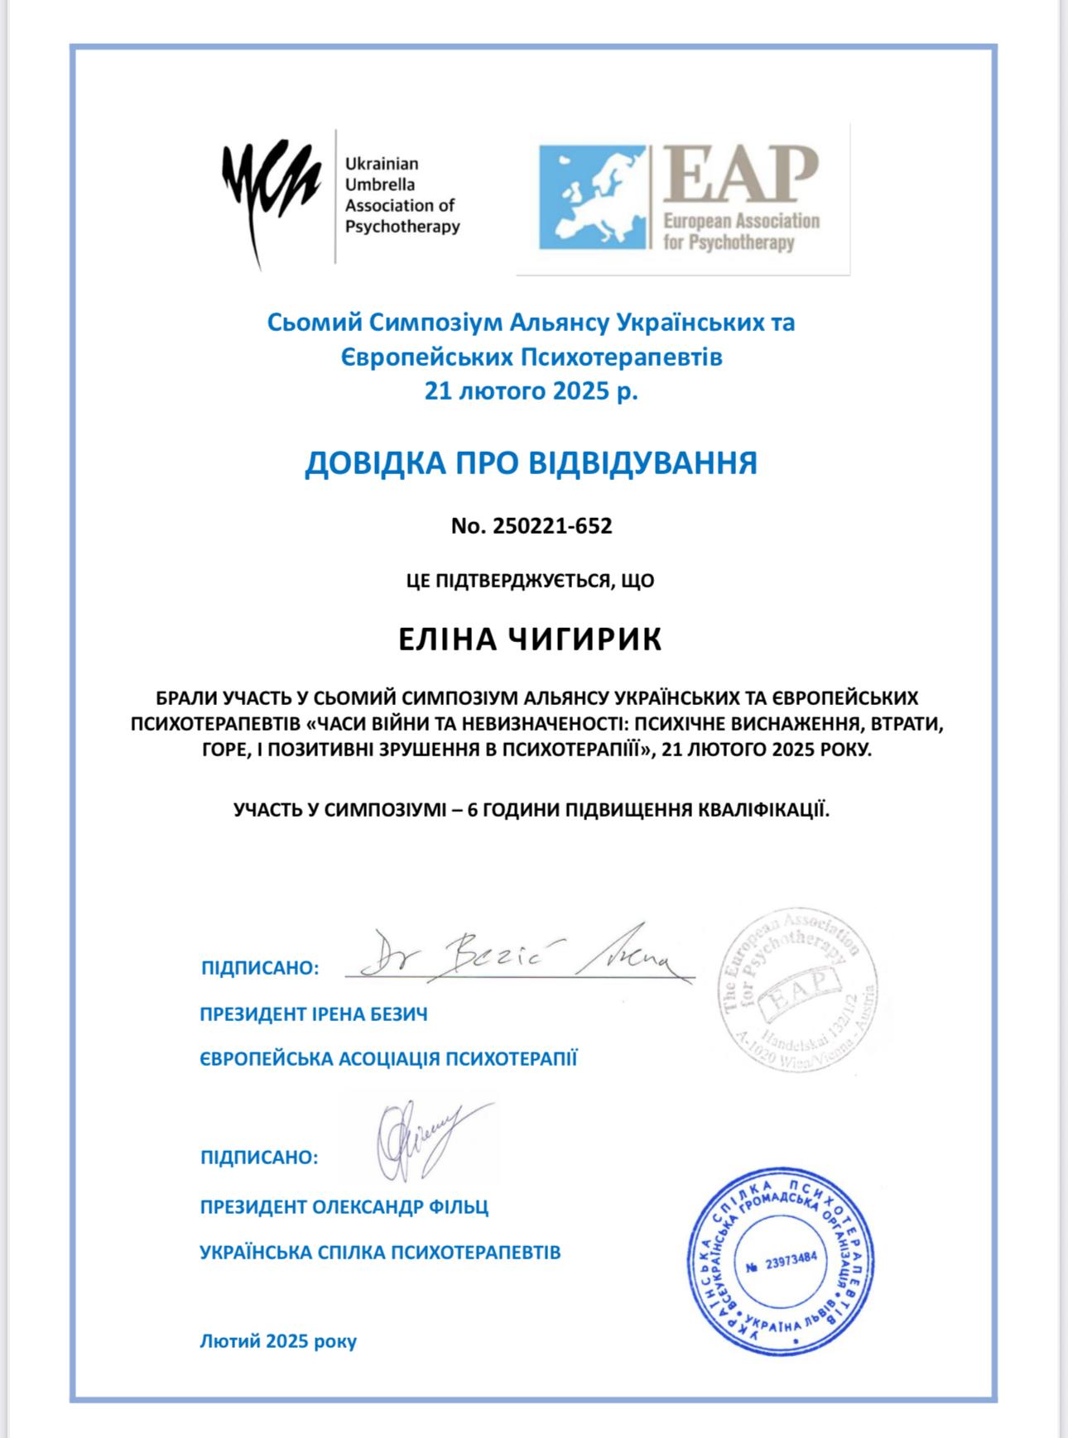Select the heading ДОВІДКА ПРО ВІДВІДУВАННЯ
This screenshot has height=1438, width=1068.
531,463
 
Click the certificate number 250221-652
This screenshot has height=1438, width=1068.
551,526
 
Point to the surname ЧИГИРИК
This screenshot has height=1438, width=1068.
585,640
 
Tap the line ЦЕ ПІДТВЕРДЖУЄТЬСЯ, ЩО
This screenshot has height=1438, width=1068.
531,581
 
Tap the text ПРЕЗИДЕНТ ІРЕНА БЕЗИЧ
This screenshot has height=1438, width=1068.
314,1014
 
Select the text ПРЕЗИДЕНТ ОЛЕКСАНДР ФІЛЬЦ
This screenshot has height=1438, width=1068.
344,1206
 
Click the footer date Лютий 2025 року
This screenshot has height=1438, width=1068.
278,1340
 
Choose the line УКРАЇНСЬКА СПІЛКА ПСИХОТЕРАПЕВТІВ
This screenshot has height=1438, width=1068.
380,1252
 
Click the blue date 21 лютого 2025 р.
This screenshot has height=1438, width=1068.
531,391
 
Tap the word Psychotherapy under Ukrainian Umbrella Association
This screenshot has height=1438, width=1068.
402,227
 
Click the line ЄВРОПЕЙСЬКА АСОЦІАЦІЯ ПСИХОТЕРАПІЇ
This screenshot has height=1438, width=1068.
388,1058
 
